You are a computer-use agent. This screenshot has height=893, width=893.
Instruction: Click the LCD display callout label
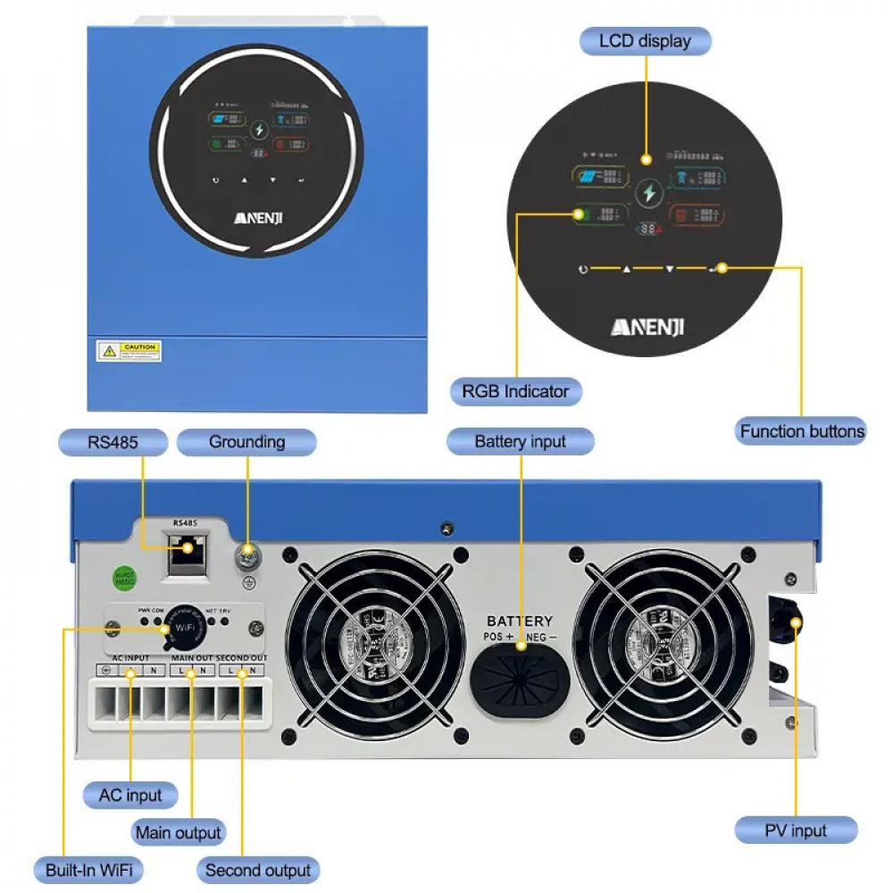(645, 41)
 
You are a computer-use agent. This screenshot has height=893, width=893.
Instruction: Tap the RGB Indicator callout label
(515, 391)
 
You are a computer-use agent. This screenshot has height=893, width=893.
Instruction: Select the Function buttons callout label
(801, 431)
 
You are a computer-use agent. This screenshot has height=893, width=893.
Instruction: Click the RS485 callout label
(113, 442)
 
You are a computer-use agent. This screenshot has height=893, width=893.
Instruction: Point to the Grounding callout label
(246, 442)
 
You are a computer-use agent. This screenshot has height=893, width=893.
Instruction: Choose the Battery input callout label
(520, 442)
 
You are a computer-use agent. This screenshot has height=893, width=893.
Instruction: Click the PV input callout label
(795, 830)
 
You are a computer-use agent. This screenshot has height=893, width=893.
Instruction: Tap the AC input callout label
(130, 795)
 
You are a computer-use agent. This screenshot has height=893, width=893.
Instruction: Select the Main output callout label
(178, 833)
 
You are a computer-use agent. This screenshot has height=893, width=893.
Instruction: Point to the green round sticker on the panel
(122, 578)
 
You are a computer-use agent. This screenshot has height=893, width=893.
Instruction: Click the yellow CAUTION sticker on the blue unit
(129, 351)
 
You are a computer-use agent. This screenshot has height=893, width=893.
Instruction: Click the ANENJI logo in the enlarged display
(647, 328)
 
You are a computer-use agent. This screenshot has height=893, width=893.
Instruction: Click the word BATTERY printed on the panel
(520, 621)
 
